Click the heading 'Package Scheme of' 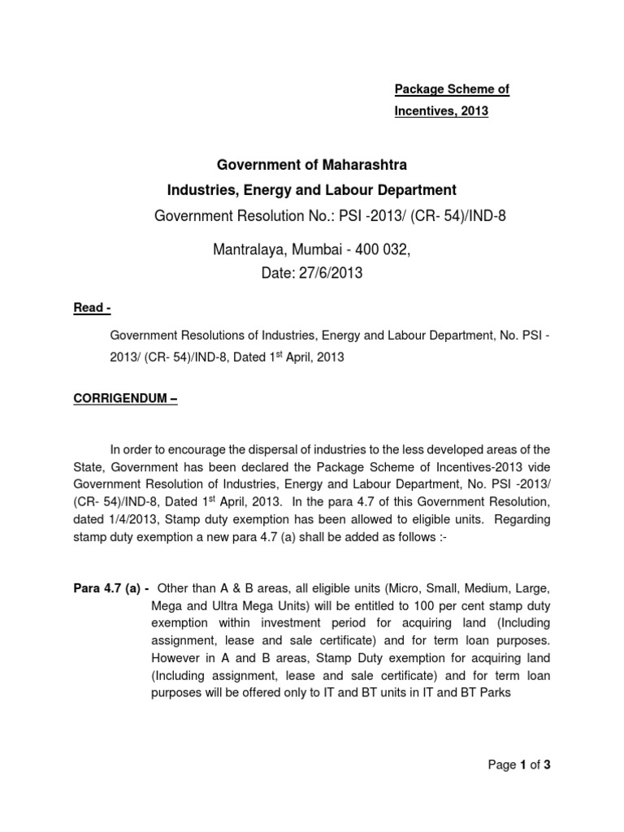pyautogui.click(x=452, y=90)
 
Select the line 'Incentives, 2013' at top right pyautogui.click(x=441, y=111)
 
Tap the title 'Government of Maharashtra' pyautogui.click(x=311, y=165)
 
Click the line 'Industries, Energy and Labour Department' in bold pyautogui.click(x=311, y=190)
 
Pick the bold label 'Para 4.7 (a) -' pyautogui.click(x=111, y=588)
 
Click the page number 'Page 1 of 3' pyautogui.click(x=519, y=765)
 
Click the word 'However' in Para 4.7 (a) pyautogui.click(x=177, y=658)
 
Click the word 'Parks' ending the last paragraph pyautogui.click(x=494, y=693)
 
